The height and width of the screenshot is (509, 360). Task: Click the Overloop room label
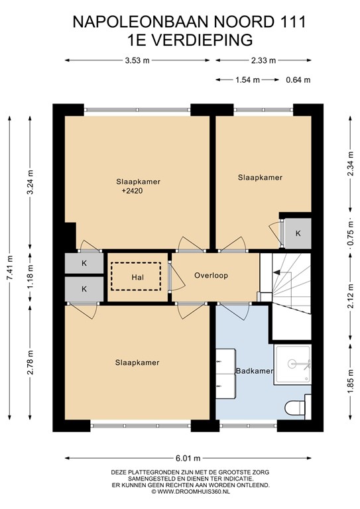211,275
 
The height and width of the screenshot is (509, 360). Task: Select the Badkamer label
255,371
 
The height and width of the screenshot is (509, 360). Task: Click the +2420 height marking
133,192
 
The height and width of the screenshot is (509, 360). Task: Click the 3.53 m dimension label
137,61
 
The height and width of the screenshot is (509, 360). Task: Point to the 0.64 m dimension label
298,80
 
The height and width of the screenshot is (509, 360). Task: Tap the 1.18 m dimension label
30,277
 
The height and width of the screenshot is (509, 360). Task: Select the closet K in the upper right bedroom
298,233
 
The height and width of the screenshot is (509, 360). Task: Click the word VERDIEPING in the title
204,39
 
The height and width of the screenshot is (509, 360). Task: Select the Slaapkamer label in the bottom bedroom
137,363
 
